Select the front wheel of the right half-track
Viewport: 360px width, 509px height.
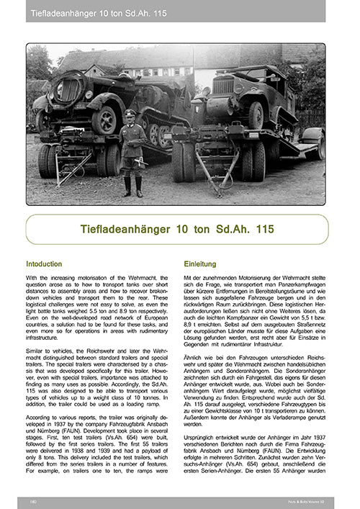(256, 115)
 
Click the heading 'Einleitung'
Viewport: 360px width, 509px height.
(199, 263)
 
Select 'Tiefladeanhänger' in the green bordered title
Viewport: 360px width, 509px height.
(125, 229)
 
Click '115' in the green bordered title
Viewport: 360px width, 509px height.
(260, 229)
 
